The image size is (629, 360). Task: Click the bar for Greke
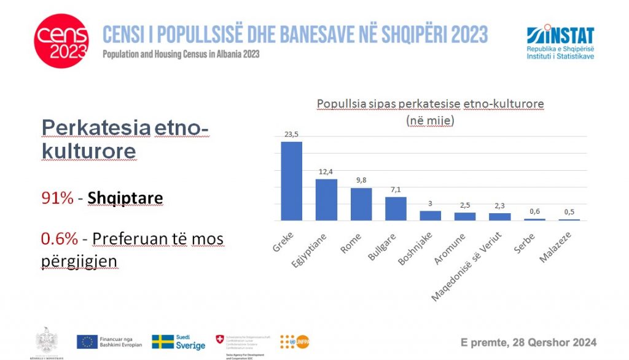click(x=292, y=181)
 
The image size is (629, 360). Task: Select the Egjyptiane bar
click(x=326, y=200)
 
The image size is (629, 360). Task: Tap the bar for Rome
click(x=361, y=204)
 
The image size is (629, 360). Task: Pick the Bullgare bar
click(x=396, y=208)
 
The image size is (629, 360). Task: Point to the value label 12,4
click(x=326, y=173)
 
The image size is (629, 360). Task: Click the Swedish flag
click(x=162, y=342)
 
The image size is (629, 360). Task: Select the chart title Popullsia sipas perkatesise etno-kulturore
click(x=430, y=104)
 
